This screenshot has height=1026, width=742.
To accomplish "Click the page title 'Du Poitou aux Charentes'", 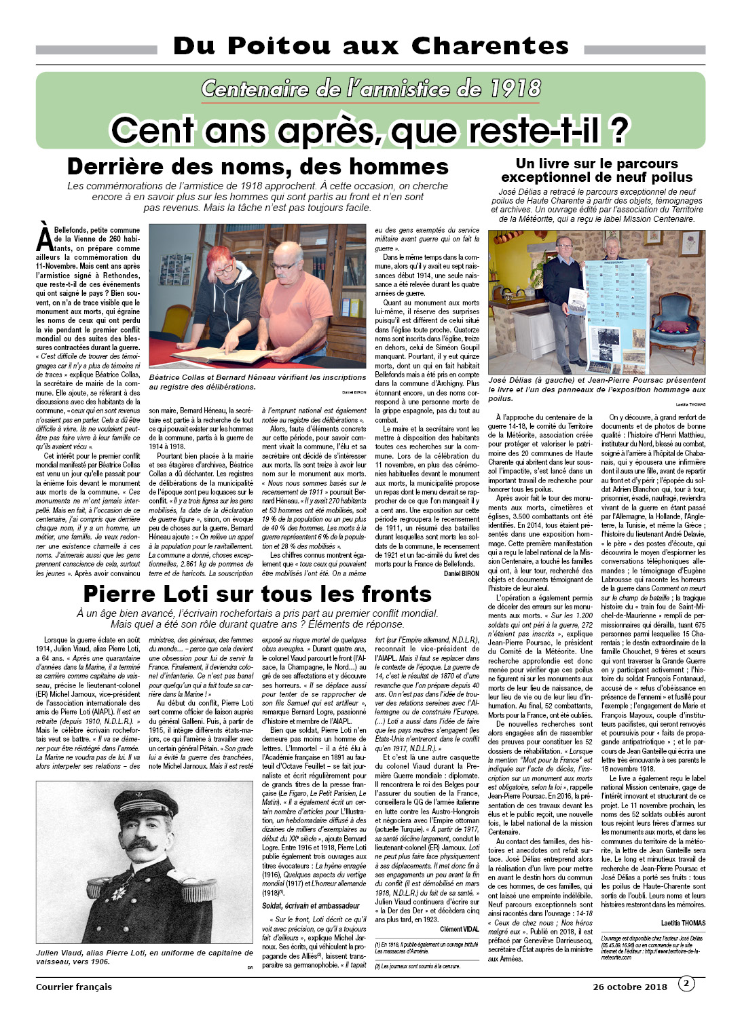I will (x=371, y=46).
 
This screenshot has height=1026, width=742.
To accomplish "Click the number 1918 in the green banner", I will (x=515, y=89).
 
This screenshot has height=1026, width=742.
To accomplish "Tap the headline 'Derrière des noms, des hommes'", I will (x=257, y=167).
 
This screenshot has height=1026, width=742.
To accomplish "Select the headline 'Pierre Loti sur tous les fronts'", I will (x=257, y=594).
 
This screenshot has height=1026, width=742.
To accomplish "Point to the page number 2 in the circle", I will (x=686, y=983).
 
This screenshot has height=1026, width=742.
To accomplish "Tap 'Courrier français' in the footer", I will (x=74, y=987).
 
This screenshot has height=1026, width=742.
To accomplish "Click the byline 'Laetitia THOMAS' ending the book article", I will (x=683, y=923).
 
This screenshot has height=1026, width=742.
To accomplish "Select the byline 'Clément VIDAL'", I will (x=459, y=929).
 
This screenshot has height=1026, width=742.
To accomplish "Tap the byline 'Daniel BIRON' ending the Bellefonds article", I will (x=461, y=573).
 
